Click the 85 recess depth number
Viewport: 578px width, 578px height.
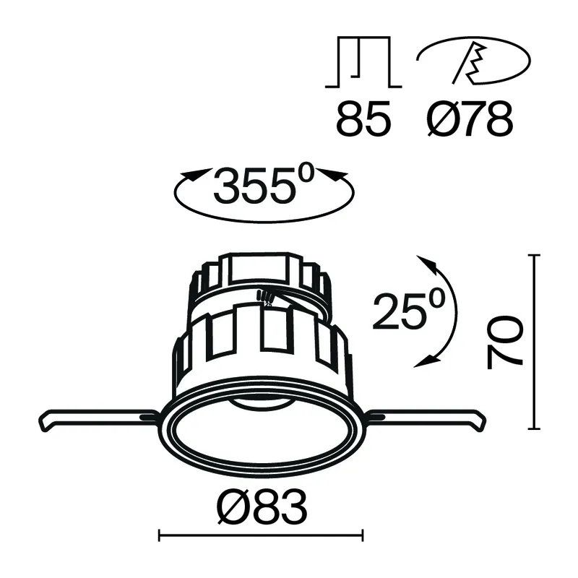click(363, 118)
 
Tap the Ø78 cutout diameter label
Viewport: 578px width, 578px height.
click(470, 118)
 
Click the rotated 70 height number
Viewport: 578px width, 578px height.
click(504, 341)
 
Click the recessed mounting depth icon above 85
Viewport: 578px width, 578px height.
click(363, 62)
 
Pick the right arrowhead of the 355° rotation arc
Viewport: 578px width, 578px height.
click(335, 176)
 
